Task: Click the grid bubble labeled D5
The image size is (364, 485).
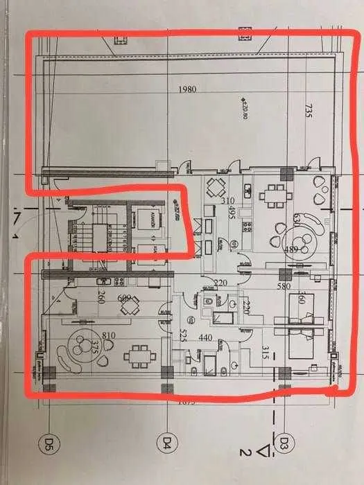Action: [49, 441]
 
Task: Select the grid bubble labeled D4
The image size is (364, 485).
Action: [166, 441]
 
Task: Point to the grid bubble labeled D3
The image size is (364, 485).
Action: [284, 441]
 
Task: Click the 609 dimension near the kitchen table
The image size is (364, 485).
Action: [124, 299]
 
